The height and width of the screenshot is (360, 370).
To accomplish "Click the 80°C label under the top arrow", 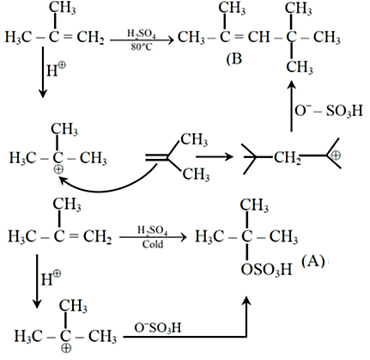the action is (x=142, y=46).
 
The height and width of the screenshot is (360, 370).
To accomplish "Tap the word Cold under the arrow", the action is (x=153, y=244).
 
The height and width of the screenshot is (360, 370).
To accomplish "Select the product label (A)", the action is (x=313, y=261).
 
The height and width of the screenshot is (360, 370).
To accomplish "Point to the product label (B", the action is (x=234, y=59).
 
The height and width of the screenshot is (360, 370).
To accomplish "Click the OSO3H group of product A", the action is (x=266, y=269).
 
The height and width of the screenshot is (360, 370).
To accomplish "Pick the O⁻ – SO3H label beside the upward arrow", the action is (x=329, y=111).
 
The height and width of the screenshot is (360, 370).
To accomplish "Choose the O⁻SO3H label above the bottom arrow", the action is (x=158, y=327).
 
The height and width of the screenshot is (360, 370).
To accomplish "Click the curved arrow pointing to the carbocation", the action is (x=106, y=183).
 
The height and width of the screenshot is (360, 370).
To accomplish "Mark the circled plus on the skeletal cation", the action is (x=336, y=156).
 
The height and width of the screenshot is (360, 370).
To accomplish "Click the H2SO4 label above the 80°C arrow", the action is (x=142, y=34).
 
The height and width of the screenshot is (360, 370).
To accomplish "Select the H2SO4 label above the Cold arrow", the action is (x=153, y=230).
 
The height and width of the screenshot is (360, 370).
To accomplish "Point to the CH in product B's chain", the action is (x=258, y=37).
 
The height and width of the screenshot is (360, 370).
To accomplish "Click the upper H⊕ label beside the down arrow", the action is (x=56, y=70).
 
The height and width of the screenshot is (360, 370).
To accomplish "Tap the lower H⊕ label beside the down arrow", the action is (x=51, y=278).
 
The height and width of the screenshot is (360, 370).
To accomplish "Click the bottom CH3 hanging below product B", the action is (x=300, y=67).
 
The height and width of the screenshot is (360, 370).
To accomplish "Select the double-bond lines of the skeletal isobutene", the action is (x=156, y=157).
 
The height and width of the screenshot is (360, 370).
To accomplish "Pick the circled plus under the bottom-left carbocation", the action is (x=66, y=348).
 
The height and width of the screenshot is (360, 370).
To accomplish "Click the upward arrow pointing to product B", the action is (x=291, y=106).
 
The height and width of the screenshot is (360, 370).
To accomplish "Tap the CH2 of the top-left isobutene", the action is (x=90, y=38).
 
